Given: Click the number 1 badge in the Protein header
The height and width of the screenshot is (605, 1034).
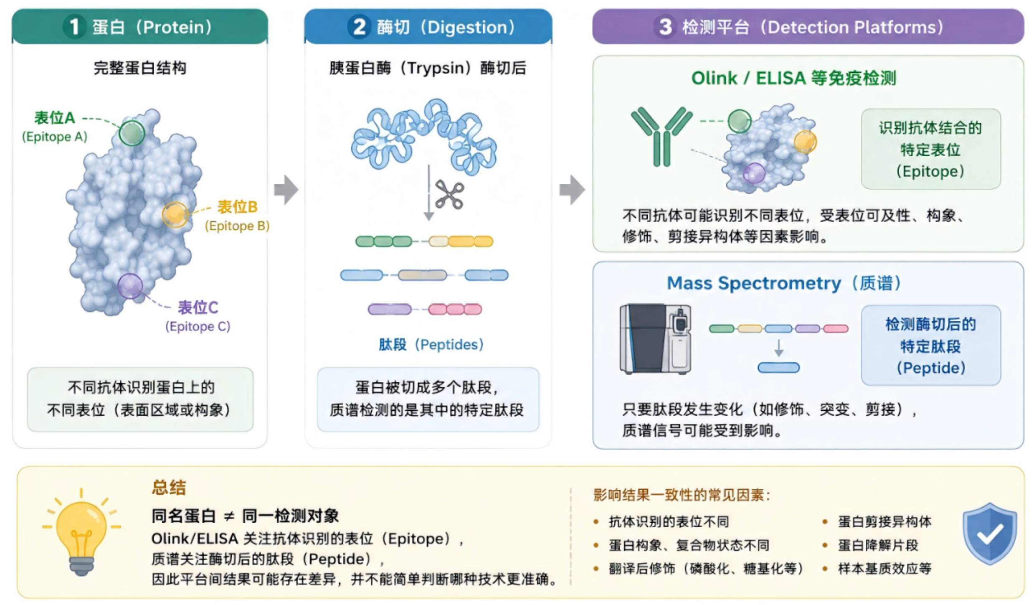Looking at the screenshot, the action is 74,27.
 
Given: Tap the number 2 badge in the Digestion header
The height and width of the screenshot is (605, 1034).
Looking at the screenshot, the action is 359,27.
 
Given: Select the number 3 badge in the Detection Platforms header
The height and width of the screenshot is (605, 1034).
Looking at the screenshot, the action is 665,27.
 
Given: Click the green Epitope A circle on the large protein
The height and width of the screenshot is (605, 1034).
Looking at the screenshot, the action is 132,133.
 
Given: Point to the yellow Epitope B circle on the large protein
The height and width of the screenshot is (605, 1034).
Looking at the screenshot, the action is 175,214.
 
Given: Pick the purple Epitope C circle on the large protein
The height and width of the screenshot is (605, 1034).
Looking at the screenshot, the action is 130,286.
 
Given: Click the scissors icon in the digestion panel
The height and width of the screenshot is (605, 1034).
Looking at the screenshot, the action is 449,195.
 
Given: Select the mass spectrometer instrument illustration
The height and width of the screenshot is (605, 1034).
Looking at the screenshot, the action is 655,339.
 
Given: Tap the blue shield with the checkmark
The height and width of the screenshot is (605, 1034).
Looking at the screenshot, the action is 989,534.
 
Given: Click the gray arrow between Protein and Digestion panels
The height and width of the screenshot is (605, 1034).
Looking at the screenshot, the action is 286,190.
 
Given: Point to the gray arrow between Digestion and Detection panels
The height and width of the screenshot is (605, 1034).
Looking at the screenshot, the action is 572,190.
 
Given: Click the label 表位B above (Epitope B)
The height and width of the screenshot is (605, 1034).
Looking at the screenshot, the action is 237,207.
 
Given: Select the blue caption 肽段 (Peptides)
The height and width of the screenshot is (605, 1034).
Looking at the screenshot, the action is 431,345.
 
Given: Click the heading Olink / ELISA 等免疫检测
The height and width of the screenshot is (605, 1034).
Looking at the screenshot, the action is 793,78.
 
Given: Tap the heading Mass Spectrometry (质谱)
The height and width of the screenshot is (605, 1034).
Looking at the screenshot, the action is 783,283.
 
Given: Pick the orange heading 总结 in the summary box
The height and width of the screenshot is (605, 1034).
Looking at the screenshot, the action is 169,488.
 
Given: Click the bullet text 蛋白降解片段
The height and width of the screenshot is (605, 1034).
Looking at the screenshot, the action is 878,545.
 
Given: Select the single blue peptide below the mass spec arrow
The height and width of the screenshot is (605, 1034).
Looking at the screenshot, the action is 778,368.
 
